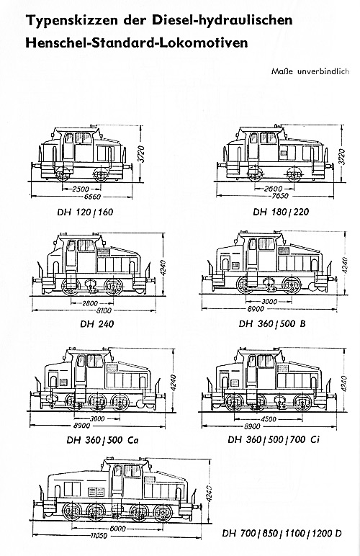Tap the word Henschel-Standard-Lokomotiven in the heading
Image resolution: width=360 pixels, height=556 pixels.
click(x=136, y=42)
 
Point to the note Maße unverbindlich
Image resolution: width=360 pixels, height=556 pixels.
click(x=310, y=71)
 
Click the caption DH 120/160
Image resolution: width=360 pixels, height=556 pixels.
click(x=85, y=212)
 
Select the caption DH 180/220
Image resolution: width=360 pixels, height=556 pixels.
click(x=281, y=212)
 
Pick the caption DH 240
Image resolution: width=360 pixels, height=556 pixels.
click(x=96, y=324)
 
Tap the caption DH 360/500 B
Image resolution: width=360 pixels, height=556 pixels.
click(x=272, y=323)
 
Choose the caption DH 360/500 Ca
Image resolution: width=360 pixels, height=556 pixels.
click(x=102, y=440)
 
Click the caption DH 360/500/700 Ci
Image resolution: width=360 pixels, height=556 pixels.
click(x=274, y=440)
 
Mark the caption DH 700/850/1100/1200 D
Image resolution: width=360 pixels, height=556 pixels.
click(x=282, y=533)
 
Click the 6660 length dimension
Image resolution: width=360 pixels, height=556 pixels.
click(x=91, y=197)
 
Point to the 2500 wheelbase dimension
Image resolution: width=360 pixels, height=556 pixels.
click(x=81, y=189)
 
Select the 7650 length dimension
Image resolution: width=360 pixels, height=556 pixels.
click(x=280, y=196)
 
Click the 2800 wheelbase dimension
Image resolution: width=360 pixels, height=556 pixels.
click(x=90, y=303)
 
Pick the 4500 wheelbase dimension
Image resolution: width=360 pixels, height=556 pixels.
click(x=269, y=419)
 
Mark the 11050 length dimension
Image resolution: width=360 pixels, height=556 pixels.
click(x=98, y=536)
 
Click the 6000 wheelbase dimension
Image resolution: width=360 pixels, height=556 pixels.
click(x=117, y=529)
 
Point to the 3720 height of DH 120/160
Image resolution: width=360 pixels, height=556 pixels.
click(x=141, y=154)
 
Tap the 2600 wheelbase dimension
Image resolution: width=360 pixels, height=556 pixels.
click(x=273, y=189)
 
